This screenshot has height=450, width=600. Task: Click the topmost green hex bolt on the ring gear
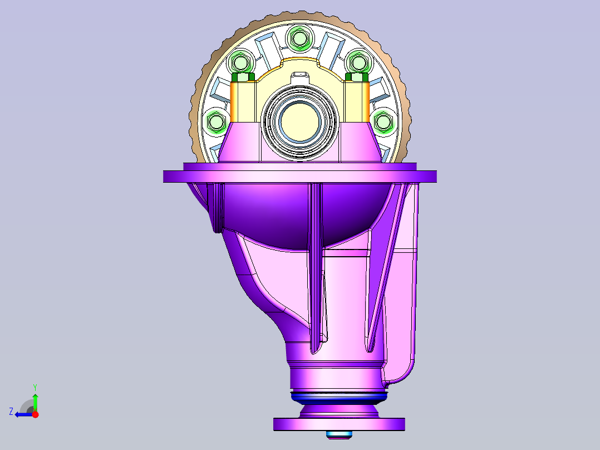(x=299, y=38)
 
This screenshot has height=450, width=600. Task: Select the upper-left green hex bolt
(x=240, y=62)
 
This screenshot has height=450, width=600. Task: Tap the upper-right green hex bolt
(x=359, y=62)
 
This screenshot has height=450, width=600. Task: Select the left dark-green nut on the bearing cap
(x=243, y=77)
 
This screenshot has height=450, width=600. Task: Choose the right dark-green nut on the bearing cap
(x=357, y=77)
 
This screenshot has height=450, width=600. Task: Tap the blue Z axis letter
(x=11, y=412)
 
